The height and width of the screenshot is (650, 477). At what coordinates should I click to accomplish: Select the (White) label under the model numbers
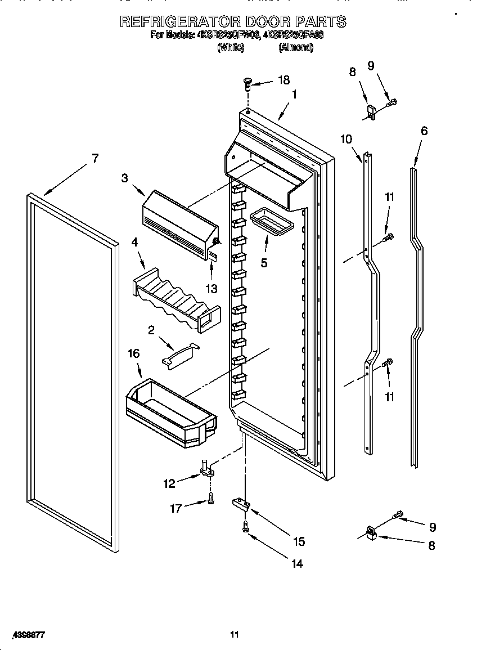tap(230, 48)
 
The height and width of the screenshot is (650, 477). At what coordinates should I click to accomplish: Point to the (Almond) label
tap(295, 48)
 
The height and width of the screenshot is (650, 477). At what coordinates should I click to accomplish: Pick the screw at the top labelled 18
tap(246, 84)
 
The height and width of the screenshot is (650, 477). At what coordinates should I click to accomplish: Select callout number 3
tap(124, 178)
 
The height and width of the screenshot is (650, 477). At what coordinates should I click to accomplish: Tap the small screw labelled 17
tap(210, 497)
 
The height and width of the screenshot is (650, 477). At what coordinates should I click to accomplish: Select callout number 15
tap(298, 541)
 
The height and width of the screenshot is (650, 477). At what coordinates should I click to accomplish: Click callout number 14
tap(296, 563)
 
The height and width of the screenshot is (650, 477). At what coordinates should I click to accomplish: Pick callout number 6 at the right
tap(424, 131)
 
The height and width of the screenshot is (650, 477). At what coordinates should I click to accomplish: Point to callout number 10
tap(346, 139)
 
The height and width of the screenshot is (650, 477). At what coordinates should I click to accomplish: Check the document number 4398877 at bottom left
tap(26, 635)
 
